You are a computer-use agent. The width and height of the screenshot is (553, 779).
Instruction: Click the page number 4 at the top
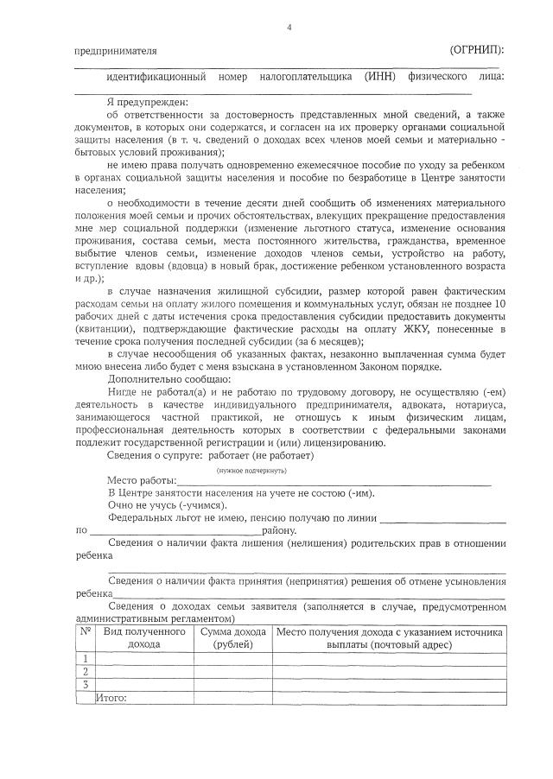pyautogui.click(x=289, y=28)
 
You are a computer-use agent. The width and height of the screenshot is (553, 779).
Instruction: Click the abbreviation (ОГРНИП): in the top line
pyautogui.click(x=477, y=50)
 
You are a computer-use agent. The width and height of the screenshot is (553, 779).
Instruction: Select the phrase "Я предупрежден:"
pyautogui.click(x=140, y=102)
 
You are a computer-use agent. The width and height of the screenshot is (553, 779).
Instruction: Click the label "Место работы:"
pyautogui.click(x=142, y=480)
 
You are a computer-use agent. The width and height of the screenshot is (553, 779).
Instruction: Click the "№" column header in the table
pyautogui.click(x=86, y=632)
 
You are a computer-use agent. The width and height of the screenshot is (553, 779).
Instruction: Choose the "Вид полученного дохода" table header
pyautogui.click(x=144, y=638)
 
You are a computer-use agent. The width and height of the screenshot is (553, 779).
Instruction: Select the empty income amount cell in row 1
pyautogui.click(x=233, y=658)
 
